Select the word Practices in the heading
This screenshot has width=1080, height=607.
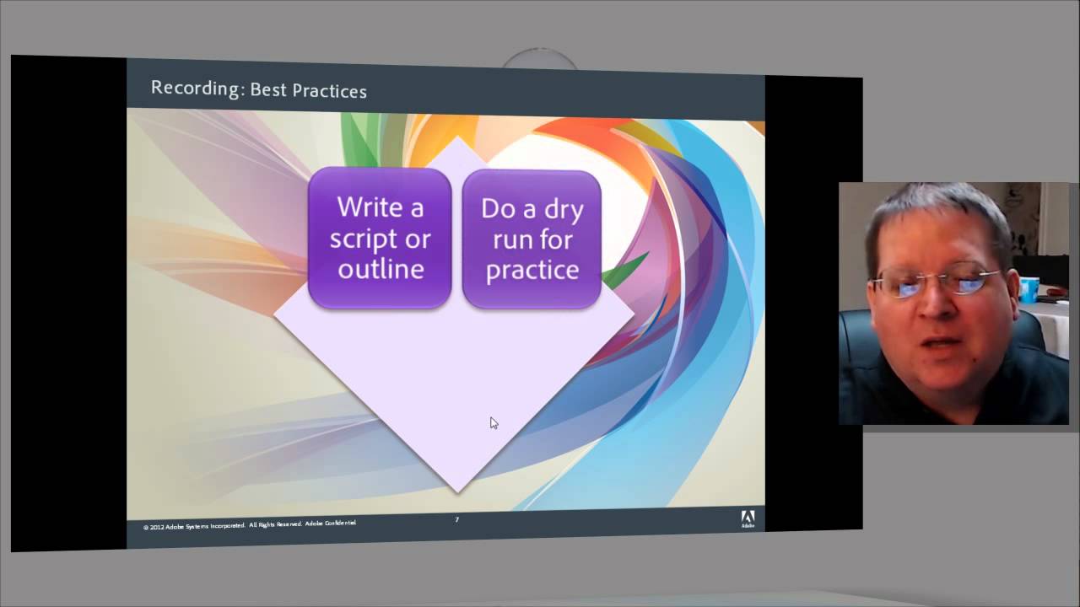[331, 90]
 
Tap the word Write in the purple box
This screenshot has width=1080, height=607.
[369, 207]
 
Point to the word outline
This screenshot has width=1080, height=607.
[381, 269]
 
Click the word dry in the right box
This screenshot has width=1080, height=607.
[558, 209]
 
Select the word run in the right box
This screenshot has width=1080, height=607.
[511, 240]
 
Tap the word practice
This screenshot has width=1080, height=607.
[532, 271]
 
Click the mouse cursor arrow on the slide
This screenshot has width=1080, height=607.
[494, 422]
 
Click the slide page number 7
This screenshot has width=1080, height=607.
[456, 519]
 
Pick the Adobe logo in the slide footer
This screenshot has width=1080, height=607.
[748, 518]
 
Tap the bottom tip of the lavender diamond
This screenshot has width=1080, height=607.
[458, 489]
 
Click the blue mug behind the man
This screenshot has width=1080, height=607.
[1029, 289]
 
